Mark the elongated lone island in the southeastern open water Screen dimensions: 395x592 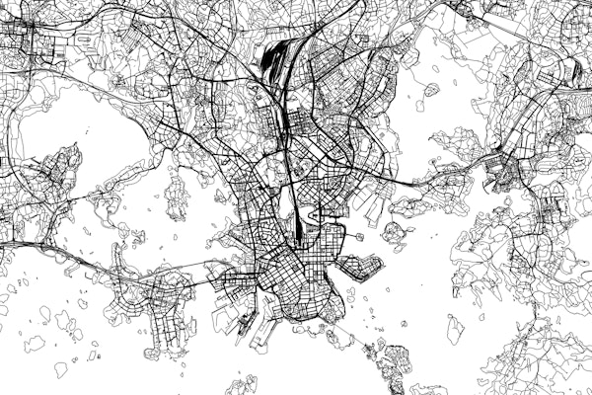[x=455, y=329]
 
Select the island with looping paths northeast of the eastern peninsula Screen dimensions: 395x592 [x=394, y=233]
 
